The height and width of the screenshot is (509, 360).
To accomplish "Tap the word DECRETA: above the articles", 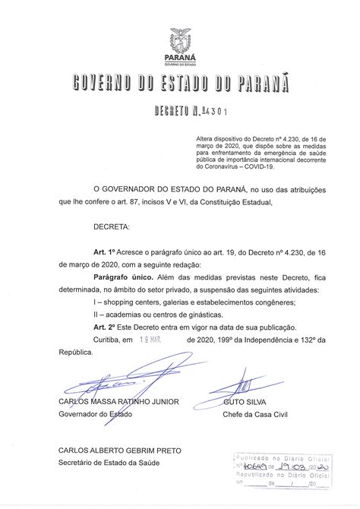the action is pos(112,226).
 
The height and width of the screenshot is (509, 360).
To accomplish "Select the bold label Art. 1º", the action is pos(106,251).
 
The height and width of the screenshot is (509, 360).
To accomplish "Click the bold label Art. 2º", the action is pos(106,327).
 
